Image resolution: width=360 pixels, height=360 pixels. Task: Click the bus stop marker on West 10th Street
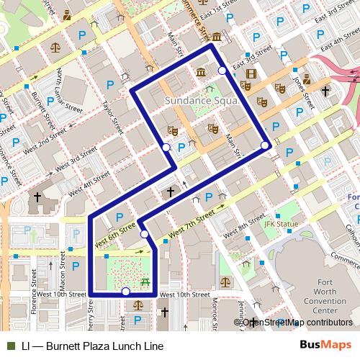pyautogui.click(x=126, y=292)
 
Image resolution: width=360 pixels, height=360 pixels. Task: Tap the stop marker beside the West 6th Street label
pyautogui.click(x=145, y=234)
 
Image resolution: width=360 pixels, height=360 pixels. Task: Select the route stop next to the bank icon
pyautogui.click(x=222, y=71)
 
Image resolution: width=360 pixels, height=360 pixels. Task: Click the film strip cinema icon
pyautogui.click(x=251, y=73)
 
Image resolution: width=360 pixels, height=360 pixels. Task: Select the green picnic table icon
pyautogui.click(x=145, y=282)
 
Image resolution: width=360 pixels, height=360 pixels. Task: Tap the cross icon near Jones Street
pyautogui.click(x=325, y=91)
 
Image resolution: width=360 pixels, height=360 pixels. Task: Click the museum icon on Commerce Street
pyautogui.click(x=216, y=37)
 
